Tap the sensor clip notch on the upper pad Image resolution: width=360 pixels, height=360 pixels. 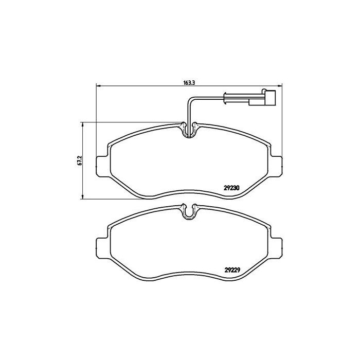tap(189, 130)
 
